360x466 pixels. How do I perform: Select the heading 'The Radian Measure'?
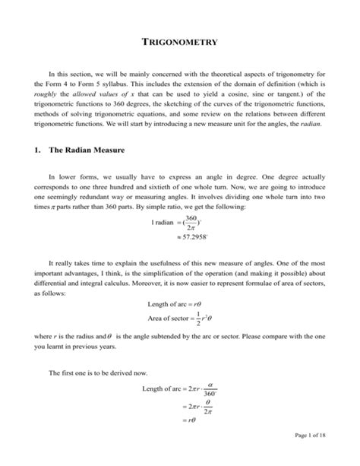(87, 151)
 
